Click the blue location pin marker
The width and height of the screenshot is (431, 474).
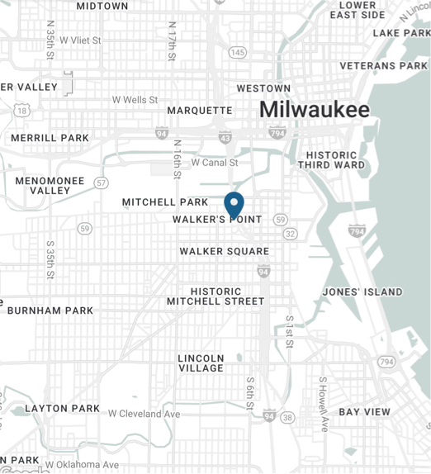(234, 203)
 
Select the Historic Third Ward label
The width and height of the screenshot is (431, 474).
(331, 159)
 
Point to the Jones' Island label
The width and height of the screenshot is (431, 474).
(362, 292)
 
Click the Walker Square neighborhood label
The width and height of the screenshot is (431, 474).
(225, 251)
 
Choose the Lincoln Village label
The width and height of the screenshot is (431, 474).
(201, 363)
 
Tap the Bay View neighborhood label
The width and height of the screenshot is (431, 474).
(365, 411)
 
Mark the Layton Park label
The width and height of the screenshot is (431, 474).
(63, 408)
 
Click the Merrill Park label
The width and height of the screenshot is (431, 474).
(50, 138)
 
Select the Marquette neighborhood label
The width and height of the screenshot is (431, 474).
(200, 110)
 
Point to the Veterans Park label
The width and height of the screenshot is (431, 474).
(384, 65)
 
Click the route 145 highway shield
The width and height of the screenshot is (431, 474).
(238, 53)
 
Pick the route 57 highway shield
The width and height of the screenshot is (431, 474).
(101, 182)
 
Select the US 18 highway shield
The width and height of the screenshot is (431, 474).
(21, 110)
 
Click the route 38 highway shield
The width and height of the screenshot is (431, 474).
(287, 418)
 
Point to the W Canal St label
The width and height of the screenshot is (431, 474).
(214, 163)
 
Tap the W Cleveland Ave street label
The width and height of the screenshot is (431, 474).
(144, 414)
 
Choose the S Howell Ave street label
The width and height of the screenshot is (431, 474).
(324, 405)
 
